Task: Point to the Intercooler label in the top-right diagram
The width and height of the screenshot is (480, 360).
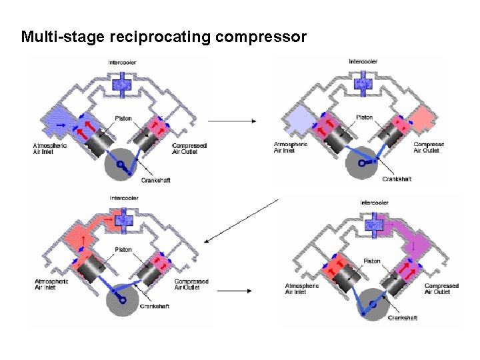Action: pyautogui.click(x=363, y=62)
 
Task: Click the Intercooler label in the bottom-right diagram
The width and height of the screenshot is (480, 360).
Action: pyautogui.click(x=375, y=203)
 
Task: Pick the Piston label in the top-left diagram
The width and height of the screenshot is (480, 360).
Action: pyautogui.click(x=123, y=119)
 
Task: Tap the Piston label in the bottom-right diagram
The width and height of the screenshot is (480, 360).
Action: pyautogui.click(x=372, y=261)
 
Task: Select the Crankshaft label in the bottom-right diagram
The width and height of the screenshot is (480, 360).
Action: pyautogui.click(x=403, y=318)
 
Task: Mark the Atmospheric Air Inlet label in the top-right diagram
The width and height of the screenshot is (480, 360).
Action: pyautogui.click(x=291, y=147)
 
